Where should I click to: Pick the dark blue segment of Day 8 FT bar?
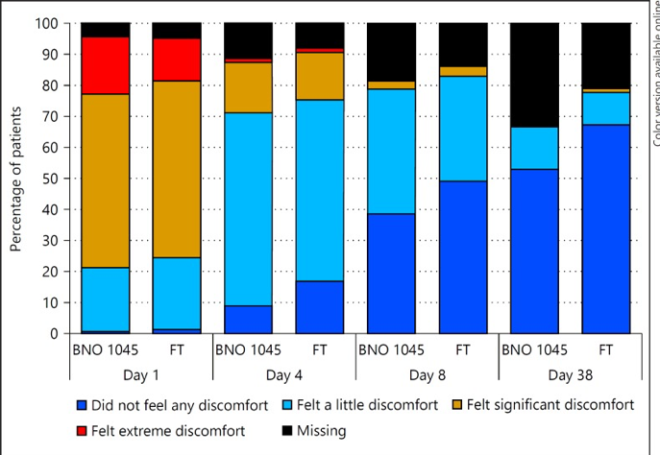(x=463, y=257)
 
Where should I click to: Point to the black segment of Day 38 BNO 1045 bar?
(x=534, y=75)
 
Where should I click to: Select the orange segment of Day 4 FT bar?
(x=320, y=76)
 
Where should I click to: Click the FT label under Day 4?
(x=320, y=348)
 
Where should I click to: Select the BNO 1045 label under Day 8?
(x=391, y=348)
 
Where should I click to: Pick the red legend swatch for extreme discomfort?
(x=82, y=431)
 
